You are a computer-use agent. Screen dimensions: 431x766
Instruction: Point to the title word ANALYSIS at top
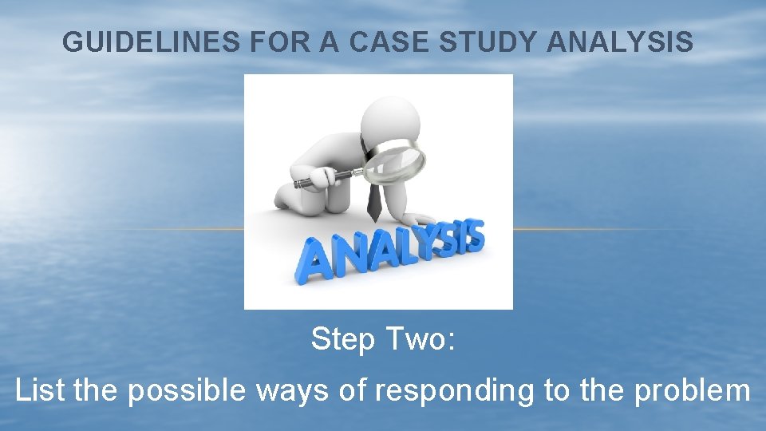click(x=620, y=42)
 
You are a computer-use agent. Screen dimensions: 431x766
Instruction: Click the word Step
click(x=343, y=340)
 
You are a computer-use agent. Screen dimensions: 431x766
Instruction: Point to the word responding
click(x=444, y=392)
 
